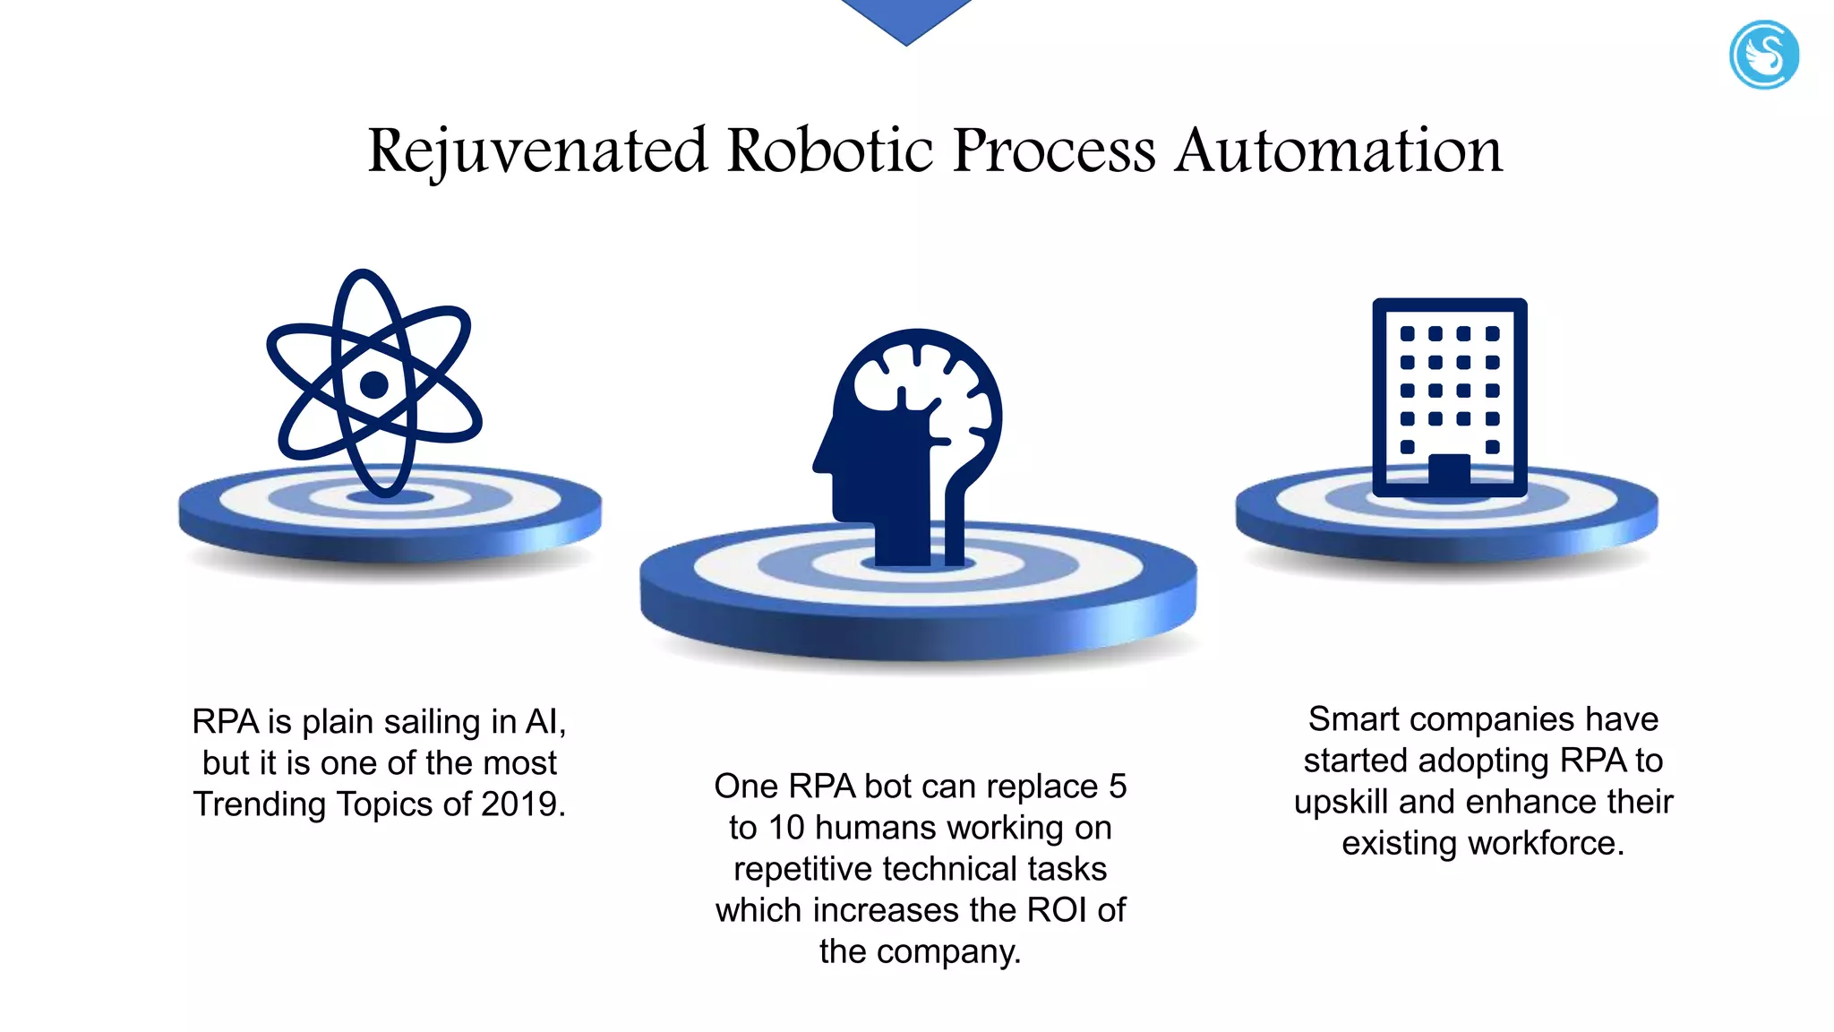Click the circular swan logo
pos(1763,56)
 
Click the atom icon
pos(374,383)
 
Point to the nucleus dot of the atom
pos(374,385)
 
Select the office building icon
pos(1449,397)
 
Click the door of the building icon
pos(1449,472)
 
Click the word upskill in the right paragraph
pos(1341,802)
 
